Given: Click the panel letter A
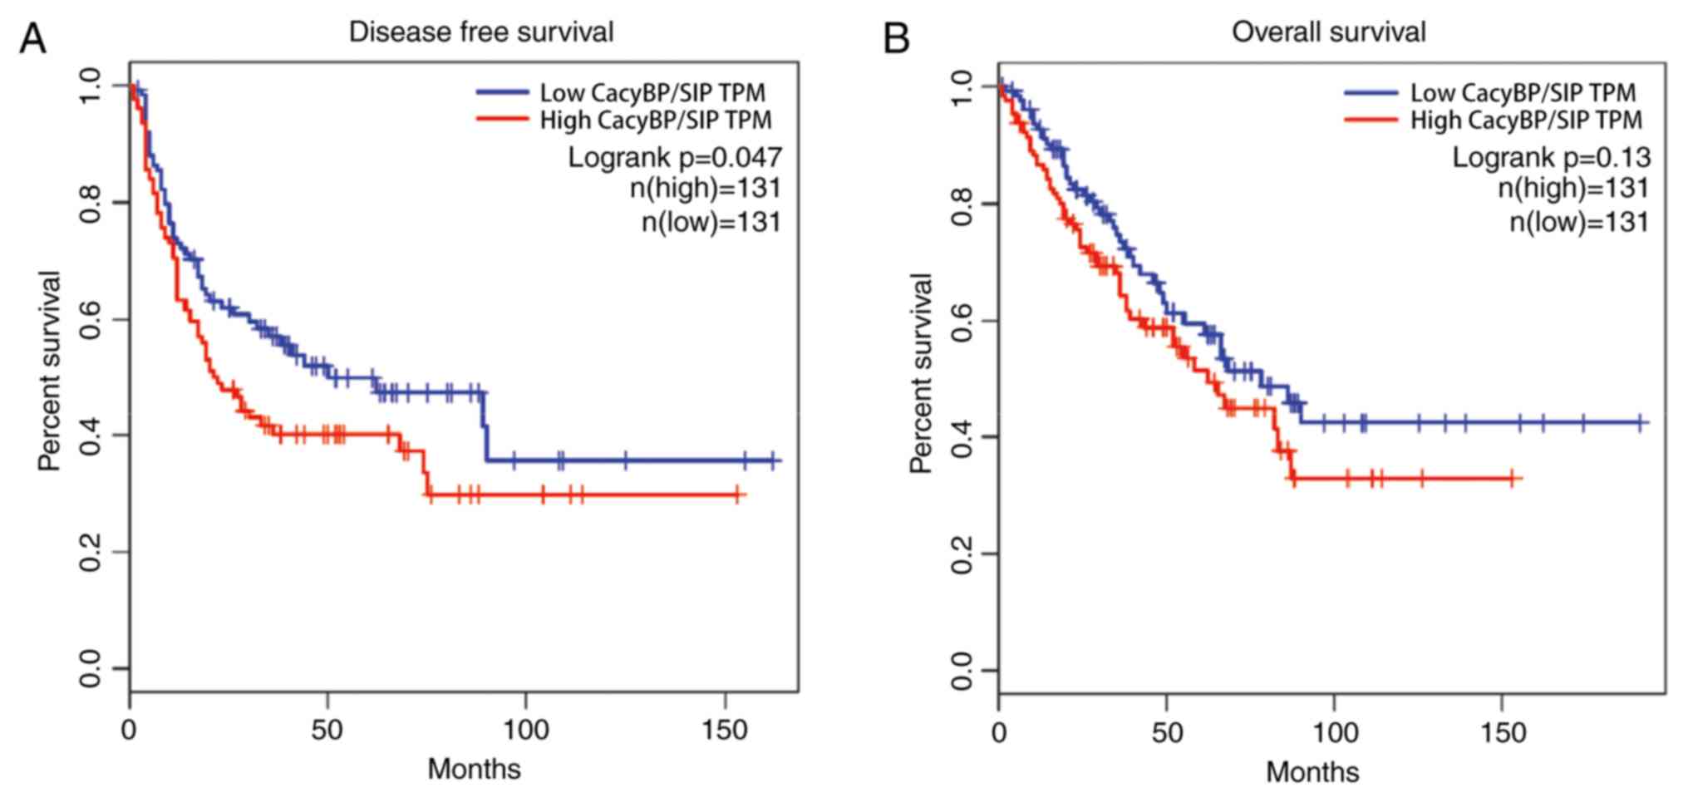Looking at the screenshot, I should [32, 38].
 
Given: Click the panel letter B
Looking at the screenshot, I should [897, 38].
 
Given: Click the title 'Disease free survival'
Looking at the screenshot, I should [480, 32].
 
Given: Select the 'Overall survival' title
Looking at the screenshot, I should [1328, 32].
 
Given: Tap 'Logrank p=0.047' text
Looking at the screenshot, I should [675, 156].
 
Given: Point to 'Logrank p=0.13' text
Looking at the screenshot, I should [1551, 156].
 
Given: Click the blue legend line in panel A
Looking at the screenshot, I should [502, 91].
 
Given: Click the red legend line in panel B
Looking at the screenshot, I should [1371, 120].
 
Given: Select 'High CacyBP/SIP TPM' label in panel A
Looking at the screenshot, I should [656, 120].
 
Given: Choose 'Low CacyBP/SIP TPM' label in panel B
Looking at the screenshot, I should [1523, 91].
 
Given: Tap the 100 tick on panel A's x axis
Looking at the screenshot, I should [526, 730].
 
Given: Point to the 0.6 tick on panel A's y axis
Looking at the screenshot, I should [91, 320].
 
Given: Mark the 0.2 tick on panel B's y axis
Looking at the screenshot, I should [962, 554].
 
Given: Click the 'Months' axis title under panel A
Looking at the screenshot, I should [474, 769].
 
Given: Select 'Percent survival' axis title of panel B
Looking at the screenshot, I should [921, 374].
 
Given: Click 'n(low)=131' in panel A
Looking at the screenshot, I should [711, 222].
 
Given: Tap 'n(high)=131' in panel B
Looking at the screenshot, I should [1573, 188].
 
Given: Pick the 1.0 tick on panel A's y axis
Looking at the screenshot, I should [91, 86].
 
